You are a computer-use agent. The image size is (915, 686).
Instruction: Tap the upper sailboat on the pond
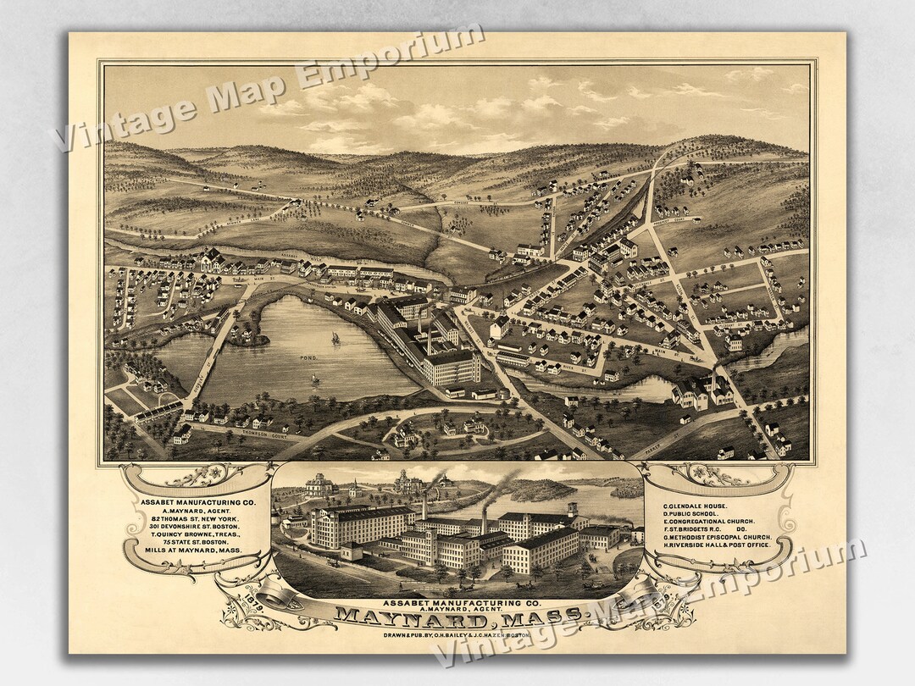click(335, 338)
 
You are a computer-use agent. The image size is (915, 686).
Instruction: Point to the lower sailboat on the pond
click(315, 378)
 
